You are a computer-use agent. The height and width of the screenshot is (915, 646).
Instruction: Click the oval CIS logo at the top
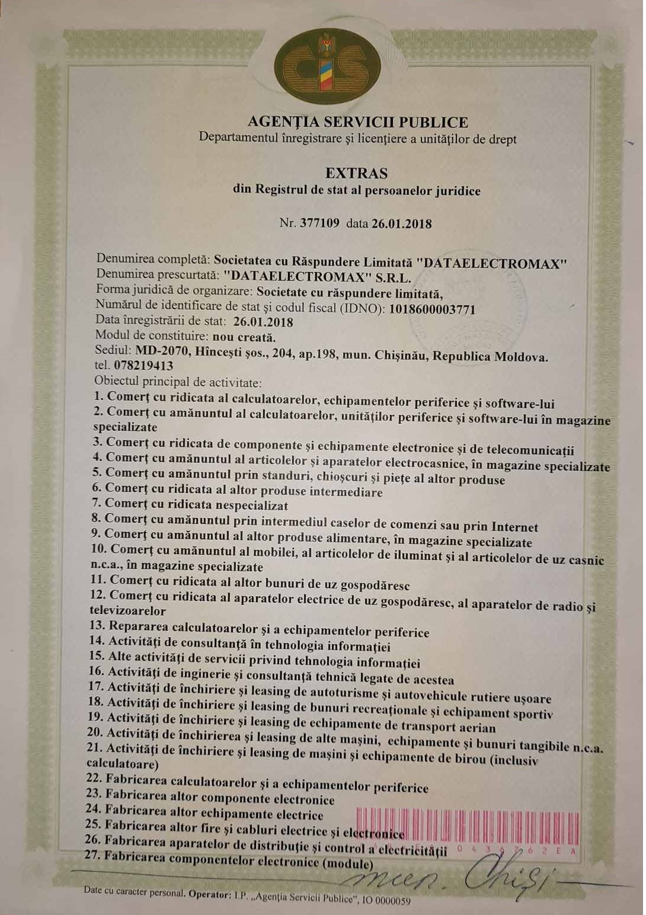(x=327, y=66)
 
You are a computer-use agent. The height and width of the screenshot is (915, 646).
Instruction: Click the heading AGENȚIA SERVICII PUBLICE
(x=357, y=122)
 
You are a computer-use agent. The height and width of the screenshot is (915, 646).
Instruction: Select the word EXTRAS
(x=356, y=173)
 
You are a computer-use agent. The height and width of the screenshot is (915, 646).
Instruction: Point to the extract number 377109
(x=319, y=223)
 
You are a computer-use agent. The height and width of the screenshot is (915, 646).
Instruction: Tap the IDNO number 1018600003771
(x=432, y=309)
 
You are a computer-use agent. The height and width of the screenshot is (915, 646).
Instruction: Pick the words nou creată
(x=244, y=337)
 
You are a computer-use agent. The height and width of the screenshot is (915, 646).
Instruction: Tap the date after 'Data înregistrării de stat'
(x=263, y=322)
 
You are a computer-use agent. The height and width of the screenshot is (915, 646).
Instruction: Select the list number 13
(x=97, y=625)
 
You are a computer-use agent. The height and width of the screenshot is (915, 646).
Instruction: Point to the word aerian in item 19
(x=475, y=727)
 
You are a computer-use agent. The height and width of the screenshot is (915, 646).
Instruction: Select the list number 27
(x=93, y=855)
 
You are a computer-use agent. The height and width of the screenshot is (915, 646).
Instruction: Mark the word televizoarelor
(x=128, y=610)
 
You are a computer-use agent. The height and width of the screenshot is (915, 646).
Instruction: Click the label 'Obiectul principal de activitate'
(x=178, y=382)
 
